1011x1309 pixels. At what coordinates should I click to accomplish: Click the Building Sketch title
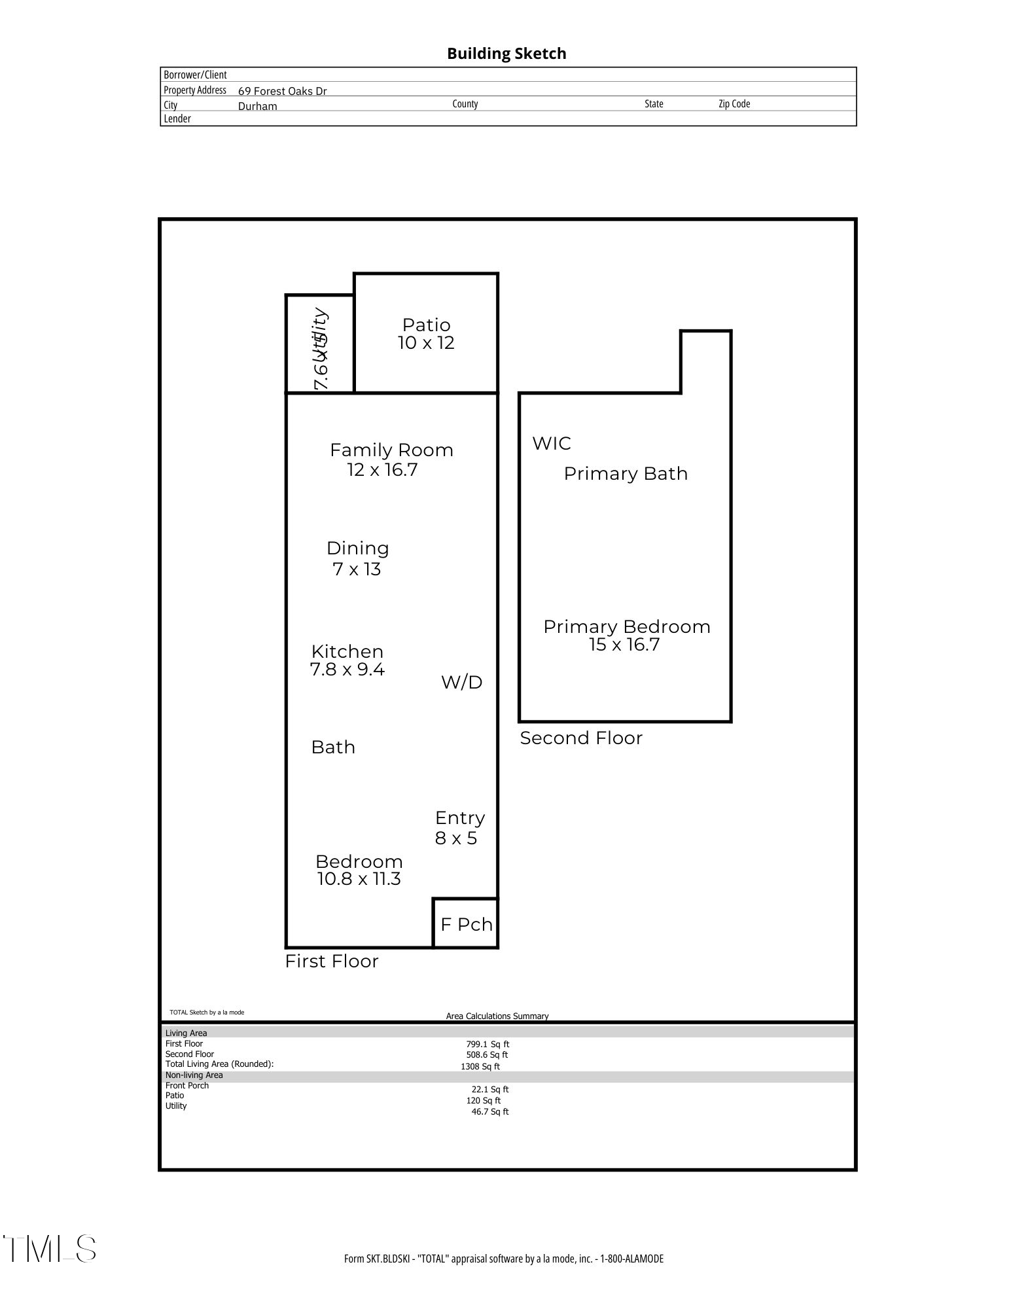(x=506, y=54)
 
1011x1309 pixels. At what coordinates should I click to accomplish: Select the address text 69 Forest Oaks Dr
(x=282, y=91)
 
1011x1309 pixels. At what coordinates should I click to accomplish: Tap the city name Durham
(x=257, y=106)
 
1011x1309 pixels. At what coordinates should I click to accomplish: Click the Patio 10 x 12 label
(x=426, y=334)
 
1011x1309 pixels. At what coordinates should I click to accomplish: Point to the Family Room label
(x=391, y=450)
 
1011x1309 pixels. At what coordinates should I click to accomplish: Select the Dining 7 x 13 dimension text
(x=357, y=569)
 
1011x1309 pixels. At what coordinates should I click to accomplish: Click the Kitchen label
(x=347, y=651)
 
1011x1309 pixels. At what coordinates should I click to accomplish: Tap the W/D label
(x=461, y=683)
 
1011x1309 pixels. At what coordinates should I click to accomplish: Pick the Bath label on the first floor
(x=333, y=747)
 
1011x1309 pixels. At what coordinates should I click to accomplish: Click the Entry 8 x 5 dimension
(x=456, y=838)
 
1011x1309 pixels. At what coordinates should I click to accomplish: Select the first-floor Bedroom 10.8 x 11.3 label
(x=359, y=870)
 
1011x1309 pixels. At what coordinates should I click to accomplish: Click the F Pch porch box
(x=466, y=924)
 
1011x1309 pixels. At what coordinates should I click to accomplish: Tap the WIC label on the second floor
(x=552, y=444)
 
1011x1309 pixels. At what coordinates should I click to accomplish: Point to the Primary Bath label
(x=626, y=474)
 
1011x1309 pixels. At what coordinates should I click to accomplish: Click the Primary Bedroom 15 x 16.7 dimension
(x=624, y=645)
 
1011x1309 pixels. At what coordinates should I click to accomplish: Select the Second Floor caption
(x=581, y=738)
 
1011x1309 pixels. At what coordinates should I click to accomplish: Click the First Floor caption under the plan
(x=332, y=961)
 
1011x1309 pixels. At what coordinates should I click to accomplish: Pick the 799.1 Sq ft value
(x=488, y=1045)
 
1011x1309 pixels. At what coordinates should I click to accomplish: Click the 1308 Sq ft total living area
(x=480, y=1067)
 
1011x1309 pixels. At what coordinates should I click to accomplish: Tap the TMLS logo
(x=50, y=1249)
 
